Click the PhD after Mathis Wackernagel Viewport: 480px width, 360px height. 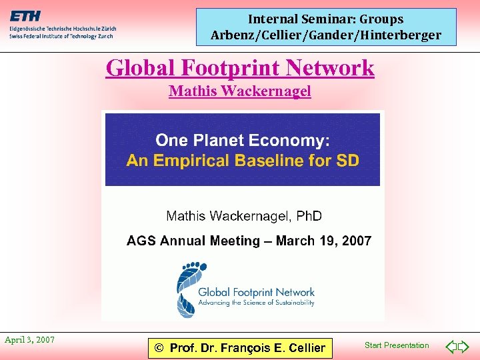pyautogui.click(x=308, y=216)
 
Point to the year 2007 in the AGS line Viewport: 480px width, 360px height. pyautogui.click(x=356, y=241)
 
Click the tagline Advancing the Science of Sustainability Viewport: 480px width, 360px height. pyautogui.click(x=256, y=303)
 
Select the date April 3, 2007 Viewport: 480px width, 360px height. pyautogui.click(x=30, y=340)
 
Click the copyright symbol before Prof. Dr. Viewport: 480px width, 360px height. pyautogui.click(x=159, y=347)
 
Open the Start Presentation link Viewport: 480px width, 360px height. pyautogui.click(x=397, y=345)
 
